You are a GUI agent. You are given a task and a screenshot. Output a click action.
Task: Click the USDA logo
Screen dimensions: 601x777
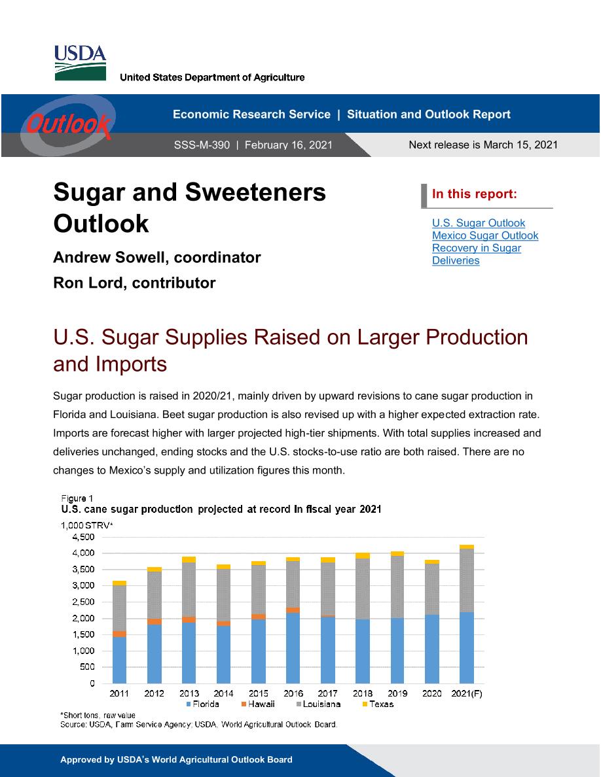80,62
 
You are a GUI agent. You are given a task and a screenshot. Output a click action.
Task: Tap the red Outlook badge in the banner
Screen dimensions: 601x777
68,124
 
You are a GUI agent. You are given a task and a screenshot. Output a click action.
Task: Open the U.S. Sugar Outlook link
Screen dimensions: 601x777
479,223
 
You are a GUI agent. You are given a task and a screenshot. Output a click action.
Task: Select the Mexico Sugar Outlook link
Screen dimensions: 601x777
485,235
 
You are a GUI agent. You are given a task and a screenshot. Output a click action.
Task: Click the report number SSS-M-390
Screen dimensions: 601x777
202,145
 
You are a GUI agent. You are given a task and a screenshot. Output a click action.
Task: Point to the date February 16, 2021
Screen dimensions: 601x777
289,145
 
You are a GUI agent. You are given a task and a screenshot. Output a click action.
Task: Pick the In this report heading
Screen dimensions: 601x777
475,194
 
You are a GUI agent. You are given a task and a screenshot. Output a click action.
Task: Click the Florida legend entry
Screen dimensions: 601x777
203,704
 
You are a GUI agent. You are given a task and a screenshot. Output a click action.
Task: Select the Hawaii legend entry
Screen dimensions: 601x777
258,704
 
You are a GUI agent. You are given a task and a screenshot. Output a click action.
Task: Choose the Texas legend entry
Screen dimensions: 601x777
378,704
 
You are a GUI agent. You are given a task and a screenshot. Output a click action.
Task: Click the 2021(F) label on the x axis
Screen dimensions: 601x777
467,693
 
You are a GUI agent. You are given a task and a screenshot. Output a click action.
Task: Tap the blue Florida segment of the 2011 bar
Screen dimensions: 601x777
120,660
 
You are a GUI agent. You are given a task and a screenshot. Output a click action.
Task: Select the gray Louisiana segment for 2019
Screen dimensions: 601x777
397,587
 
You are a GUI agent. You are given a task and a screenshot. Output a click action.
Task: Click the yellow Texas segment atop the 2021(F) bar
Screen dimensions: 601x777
467,547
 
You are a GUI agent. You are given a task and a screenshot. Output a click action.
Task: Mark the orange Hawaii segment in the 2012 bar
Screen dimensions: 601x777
155,621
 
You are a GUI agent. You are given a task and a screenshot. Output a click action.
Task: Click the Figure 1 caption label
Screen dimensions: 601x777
77,498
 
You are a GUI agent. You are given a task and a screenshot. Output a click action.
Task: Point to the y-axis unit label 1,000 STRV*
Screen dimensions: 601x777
87,525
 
